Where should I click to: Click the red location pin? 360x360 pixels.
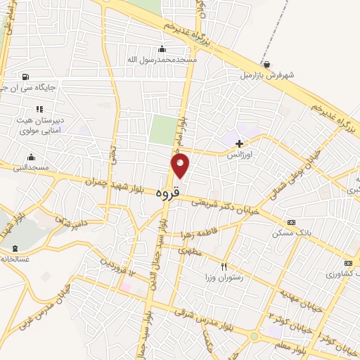(180, 165)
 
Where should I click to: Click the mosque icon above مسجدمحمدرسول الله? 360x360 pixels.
(162, 49)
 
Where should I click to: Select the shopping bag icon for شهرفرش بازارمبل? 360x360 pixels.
(266, 64)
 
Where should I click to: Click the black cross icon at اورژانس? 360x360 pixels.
(239, 143)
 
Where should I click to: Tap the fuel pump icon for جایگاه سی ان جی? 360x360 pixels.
(25, 77)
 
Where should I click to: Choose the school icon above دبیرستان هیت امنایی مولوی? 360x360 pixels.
(39, 109)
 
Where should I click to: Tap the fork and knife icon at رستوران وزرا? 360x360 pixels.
(224, 266)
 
